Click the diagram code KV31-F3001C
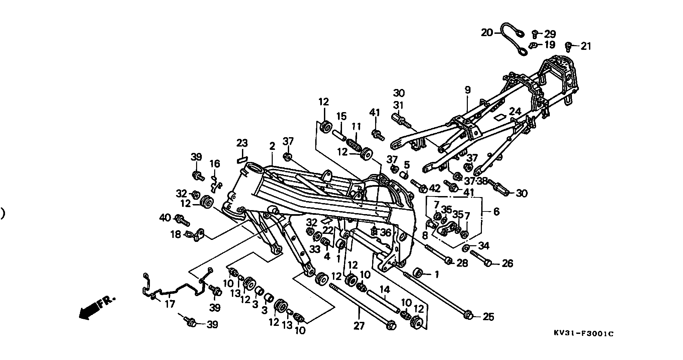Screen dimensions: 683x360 point(584,334)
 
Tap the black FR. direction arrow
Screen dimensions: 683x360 point(97,307)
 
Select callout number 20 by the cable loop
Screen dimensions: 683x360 point(487,32)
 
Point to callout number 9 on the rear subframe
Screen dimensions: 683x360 point(467,90)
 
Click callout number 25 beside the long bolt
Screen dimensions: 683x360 point(489,317)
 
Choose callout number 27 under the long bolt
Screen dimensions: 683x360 point(359,326)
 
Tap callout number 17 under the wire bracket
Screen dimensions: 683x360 point(170,304)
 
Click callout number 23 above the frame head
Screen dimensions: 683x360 point(242,143)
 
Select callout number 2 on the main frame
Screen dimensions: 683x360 point(272,146)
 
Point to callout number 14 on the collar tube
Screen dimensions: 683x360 point(385,290)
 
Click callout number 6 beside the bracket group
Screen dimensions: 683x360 point(496,211)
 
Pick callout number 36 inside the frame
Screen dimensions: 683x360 point(386,233)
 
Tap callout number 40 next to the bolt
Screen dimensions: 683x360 point(165,218)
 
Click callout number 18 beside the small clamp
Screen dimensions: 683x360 point(175,234)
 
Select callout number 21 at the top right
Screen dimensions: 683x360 point(586,46)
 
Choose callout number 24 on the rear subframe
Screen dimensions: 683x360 point(515,111)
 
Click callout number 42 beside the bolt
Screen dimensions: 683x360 point(435,188)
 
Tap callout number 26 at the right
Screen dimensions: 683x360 point(507,264)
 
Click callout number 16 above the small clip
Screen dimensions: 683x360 point(215,164)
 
